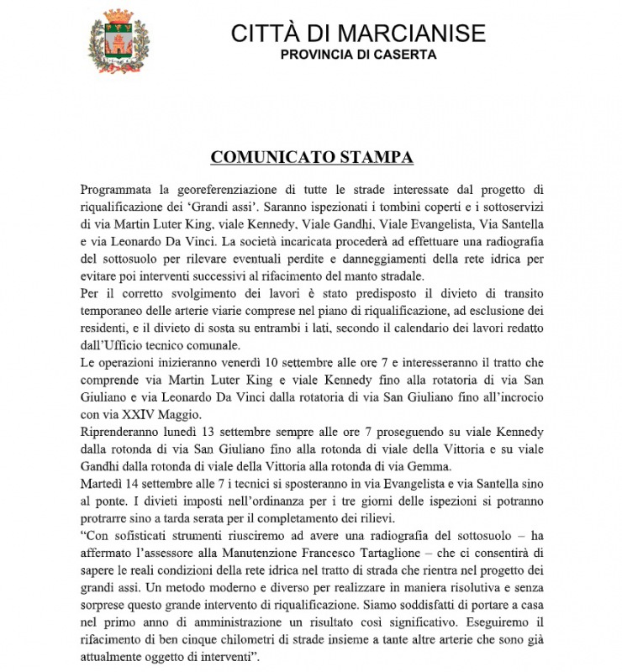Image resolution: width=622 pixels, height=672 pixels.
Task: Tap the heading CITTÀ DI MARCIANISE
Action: point(358,33)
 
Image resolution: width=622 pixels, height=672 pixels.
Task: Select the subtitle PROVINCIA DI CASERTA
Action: point(358,55)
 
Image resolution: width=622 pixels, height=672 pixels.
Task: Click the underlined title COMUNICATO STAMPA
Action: point(312,158)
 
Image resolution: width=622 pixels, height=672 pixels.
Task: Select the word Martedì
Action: point(103,486)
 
